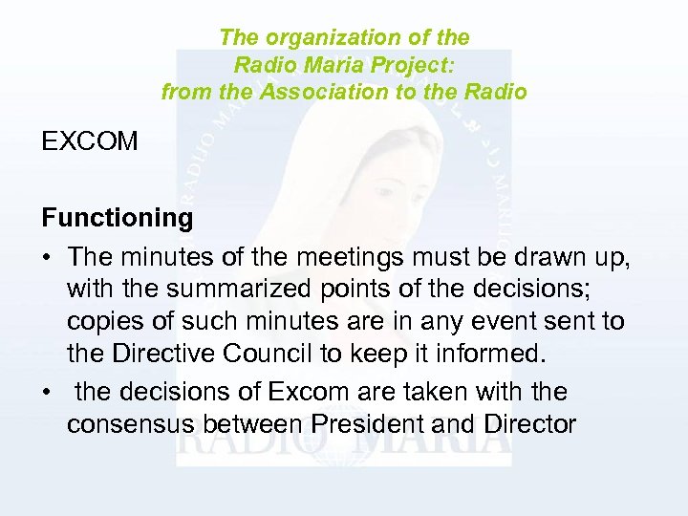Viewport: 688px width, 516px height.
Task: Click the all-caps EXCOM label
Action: click(x=90, y=142)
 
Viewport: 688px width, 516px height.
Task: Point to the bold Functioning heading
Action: click(x=117, y=218)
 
